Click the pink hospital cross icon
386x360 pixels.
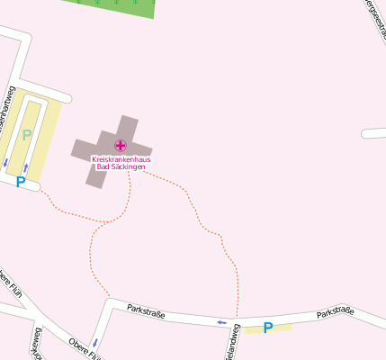[x=121, y=145]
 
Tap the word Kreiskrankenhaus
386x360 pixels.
[x=121, y=159]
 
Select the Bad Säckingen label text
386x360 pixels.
[x=121, y=166]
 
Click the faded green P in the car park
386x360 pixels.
[x=26, y=136]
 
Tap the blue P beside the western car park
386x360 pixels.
[x=20, y=182]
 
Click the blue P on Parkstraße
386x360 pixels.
[x=267, y=328]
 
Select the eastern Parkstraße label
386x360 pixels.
[x=335, y=313]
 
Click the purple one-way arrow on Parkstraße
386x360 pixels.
[x=221, y=321]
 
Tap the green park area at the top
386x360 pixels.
[x=117, y=6]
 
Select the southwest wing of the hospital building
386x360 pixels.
[x=95, y=174]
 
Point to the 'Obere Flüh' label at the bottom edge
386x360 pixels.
[x=85, y=346]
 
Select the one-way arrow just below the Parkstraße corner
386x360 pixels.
[x=94, y=343]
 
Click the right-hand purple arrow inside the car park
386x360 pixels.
[x=26, y=167]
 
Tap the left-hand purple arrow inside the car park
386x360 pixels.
[x=5, y=163]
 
